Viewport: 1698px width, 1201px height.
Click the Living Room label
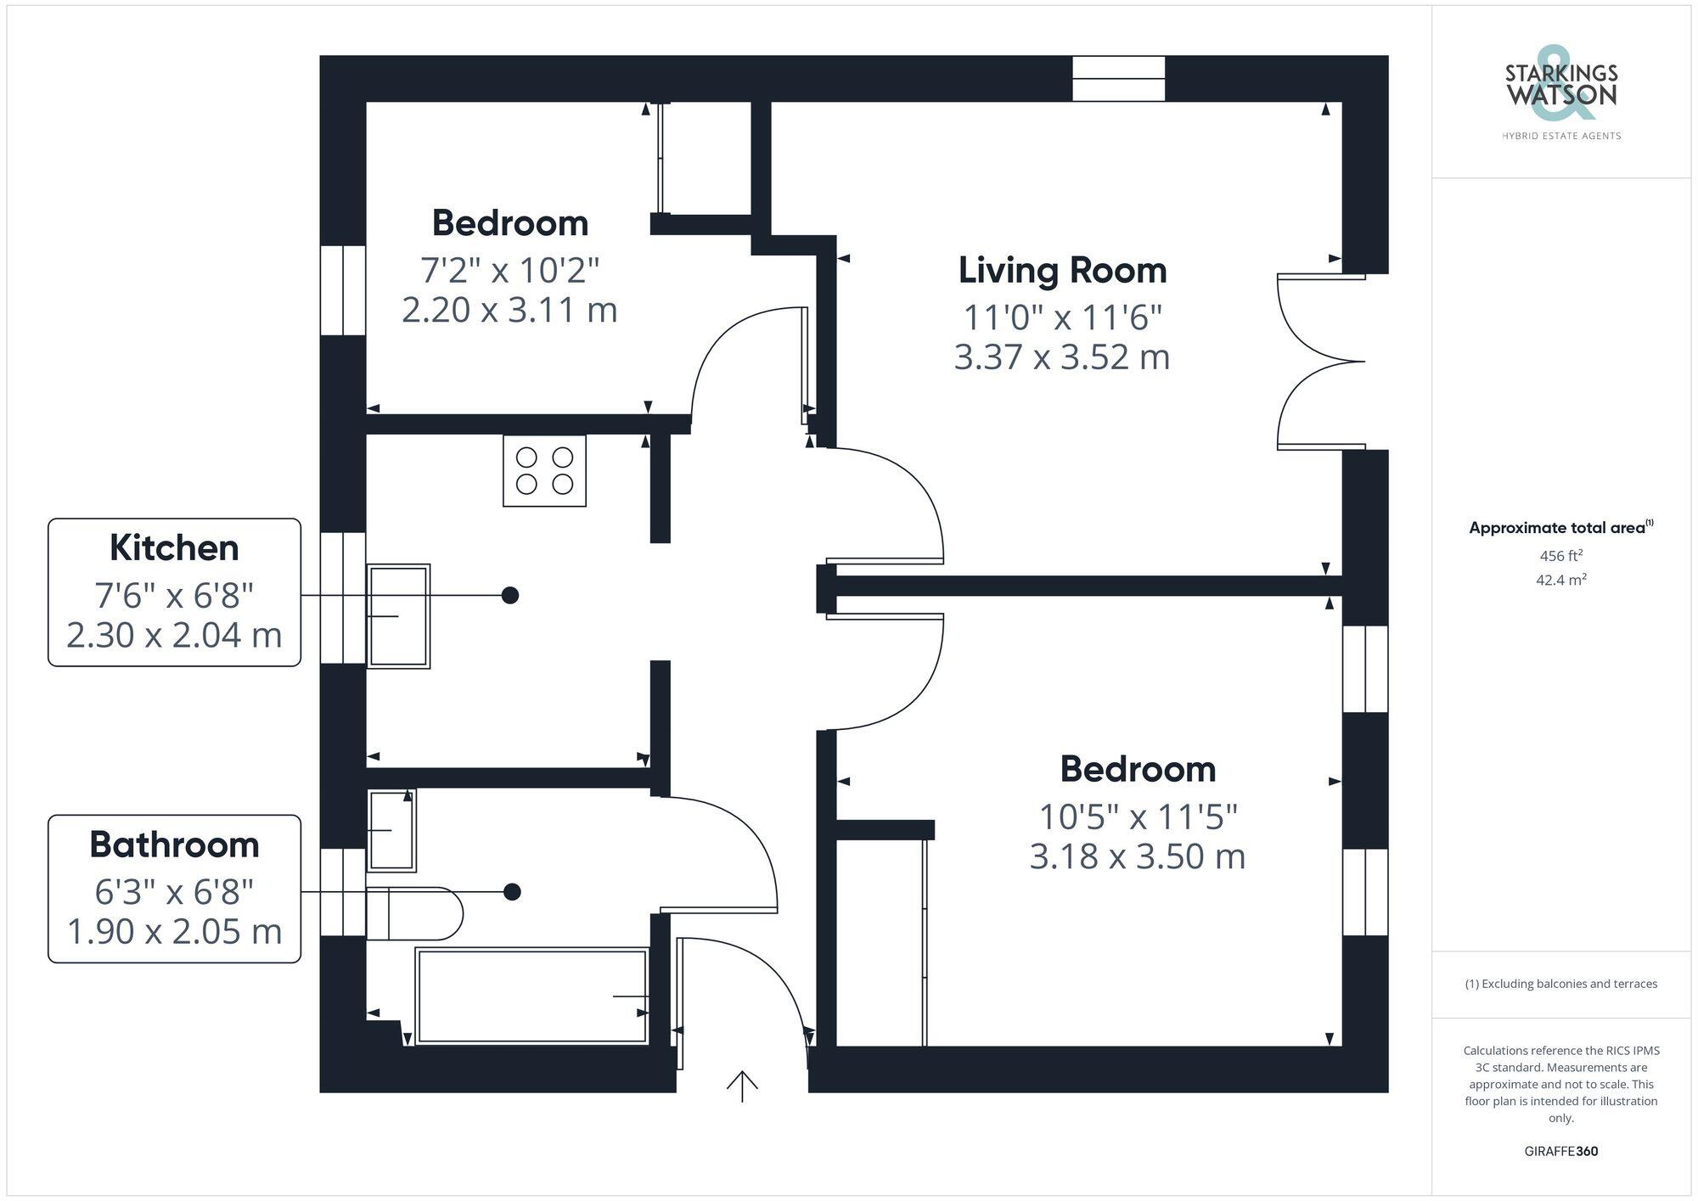point(1062,271)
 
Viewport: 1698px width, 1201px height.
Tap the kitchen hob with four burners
point(544,471)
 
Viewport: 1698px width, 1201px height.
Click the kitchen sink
point(398,616)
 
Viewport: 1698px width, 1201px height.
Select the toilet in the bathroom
point(415,913)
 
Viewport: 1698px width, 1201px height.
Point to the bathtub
point(532,996)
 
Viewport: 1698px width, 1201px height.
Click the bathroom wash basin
point(391,831)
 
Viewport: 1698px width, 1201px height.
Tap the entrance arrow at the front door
point(742,1086)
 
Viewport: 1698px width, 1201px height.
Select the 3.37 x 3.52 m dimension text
point(1062,357)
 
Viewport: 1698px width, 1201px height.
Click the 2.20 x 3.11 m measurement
point(509,310)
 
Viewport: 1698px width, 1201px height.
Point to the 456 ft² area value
point(1560,556)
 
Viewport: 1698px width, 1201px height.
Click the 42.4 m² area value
point(1560,581)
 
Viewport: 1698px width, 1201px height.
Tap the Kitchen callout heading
point(174,548)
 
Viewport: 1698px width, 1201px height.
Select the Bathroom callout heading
point(174,845)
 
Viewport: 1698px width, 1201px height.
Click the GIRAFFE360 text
point(1560,1152)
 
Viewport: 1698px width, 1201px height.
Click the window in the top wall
point(1118,79)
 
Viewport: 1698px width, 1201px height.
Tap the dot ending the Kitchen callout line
point(509,595)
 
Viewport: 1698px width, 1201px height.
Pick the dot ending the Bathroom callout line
point(512,892)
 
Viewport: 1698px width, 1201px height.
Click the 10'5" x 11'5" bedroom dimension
point(1138,817)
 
